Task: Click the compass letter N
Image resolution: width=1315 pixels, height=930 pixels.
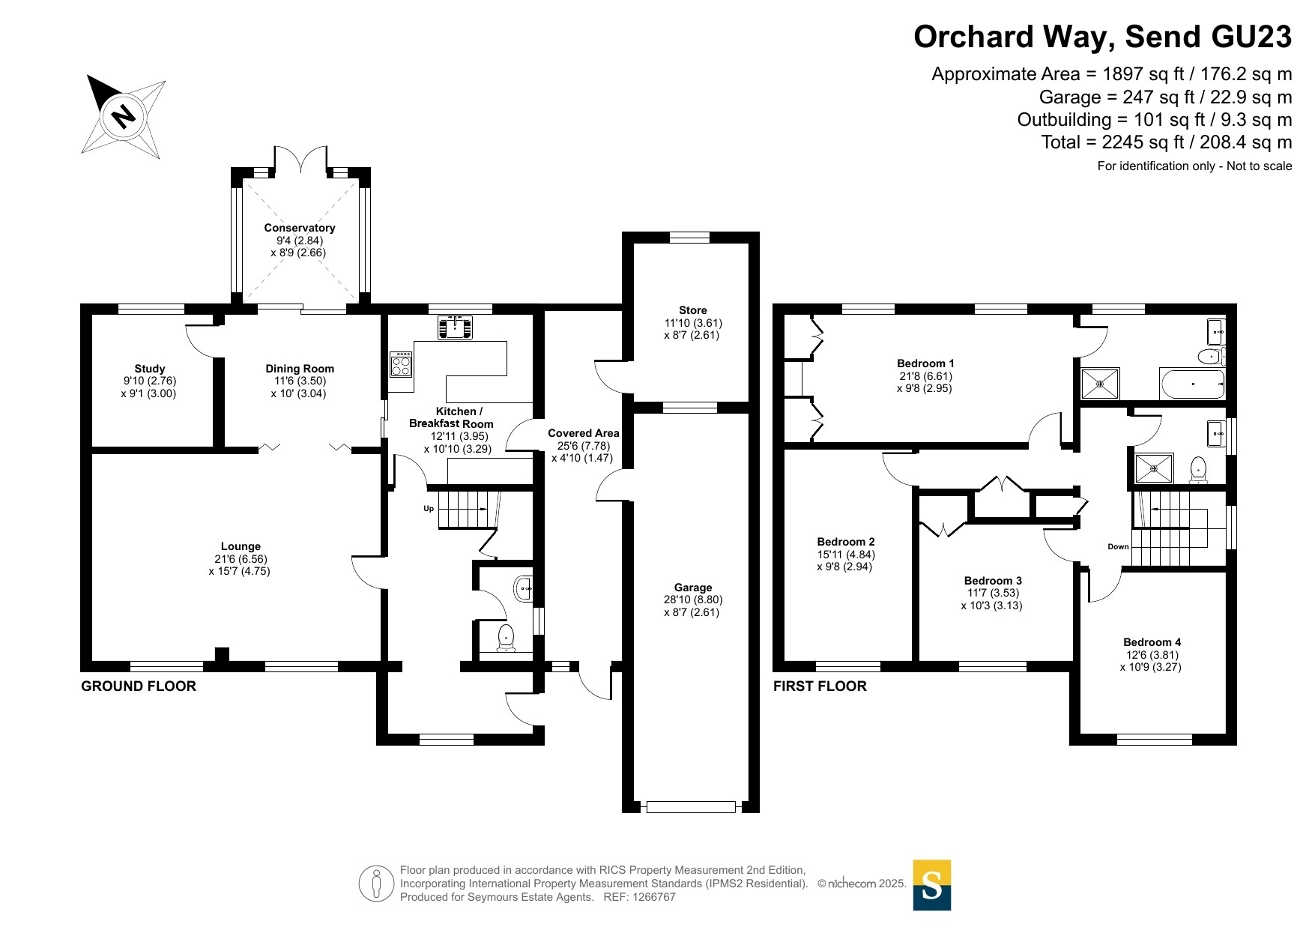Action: pyautogui.click(x=124, y=116)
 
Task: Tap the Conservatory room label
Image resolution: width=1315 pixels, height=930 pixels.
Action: pyautogui.click(x=300, y=228)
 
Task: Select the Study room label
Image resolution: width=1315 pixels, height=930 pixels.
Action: pyautogui.click(x=150, y=369)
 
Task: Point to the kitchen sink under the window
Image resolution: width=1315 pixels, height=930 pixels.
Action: pyautogui.click(x=455, y=327)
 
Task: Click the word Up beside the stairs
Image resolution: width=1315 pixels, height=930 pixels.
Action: pyautogui.click(x=429, y=509)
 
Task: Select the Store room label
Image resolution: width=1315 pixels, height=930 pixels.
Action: pyautogui.click(x=693, y=310)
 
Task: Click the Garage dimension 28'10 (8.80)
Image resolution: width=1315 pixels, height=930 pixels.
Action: pyautogui.click(x=693, y=600)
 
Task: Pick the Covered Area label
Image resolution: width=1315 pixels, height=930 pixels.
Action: pyautogui.click(x=584, y=433)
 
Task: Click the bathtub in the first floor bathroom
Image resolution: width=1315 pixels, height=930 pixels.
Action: pyautogui.click(x=1192, y=384)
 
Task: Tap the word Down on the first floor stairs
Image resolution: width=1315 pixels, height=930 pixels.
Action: pyautogui.click(x=1118, y=546)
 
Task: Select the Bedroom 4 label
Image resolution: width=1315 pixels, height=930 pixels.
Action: pyautogui.click(x=1152, y=642)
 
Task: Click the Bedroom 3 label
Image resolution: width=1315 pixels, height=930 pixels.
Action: pyautogui.click(x=993, y=581)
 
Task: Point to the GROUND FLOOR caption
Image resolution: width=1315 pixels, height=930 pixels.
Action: pyautogui.click(x=139, y=686)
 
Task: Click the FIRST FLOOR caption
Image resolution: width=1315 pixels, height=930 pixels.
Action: pyautogui.click(x=820, y=686)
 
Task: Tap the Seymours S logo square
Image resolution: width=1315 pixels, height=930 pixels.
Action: pyautogui.click(x=932, y=885)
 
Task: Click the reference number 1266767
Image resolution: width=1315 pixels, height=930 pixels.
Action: pyautogui.click(x=654, y=897)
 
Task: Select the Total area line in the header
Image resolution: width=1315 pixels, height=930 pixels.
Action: pyautogui.click(x=1167, y=142)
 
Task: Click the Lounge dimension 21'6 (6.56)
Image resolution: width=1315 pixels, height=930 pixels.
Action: pyautogui.click(x=241, y=559)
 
